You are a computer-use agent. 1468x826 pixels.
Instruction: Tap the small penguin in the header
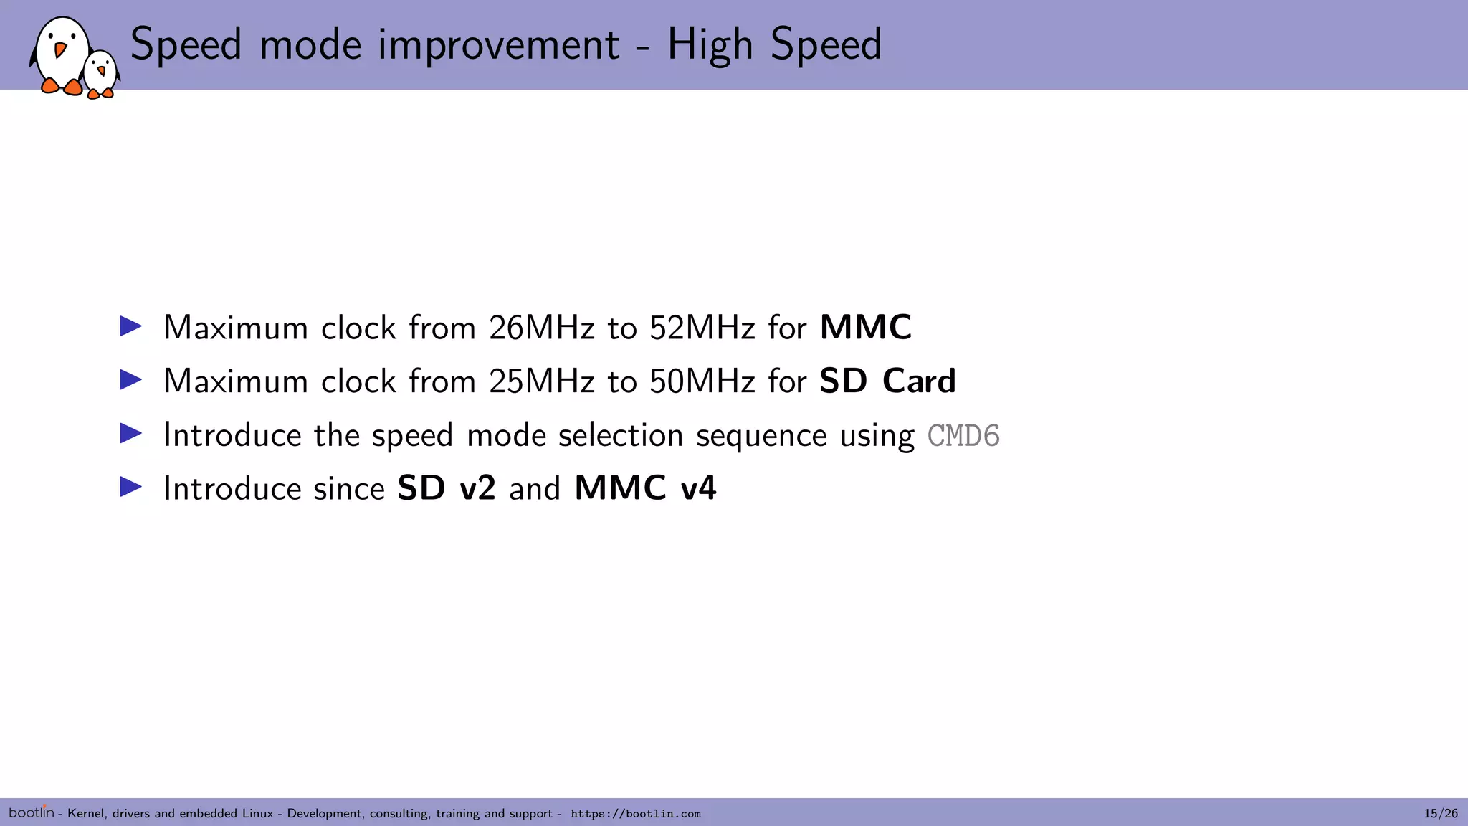100,75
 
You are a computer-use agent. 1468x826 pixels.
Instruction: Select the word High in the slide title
710,44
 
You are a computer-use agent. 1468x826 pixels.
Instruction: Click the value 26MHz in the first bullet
541,328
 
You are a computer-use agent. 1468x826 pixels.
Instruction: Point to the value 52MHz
702,328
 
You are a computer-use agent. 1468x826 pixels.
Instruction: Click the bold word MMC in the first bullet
865,328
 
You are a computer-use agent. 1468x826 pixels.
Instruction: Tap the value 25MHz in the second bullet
541,381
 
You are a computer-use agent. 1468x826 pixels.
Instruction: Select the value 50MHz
702,381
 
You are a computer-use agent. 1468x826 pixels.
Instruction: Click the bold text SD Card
887,381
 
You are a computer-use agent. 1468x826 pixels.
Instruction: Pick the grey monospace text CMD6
963,436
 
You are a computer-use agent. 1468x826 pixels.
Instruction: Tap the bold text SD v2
446,489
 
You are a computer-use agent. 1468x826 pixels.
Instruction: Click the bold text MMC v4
645,489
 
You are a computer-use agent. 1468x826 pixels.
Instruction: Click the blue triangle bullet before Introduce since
130,488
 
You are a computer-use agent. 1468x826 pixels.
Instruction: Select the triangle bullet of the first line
130,327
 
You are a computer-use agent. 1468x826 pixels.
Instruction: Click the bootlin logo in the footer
31,812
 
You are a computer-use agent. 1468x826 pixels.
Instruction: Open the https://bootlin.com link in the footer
635,814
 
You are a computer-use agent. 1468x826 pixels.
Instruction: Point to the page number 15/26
1440,813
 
